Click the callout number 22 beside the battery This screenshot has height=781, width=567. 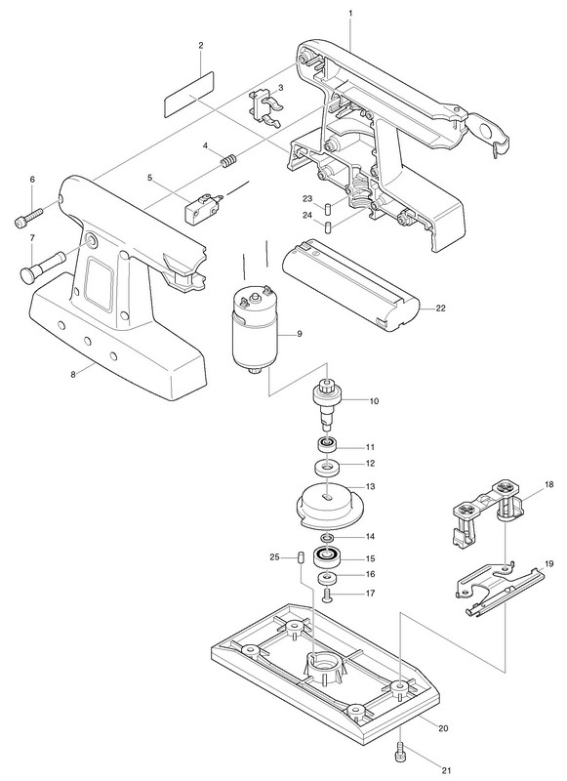click(440, 308)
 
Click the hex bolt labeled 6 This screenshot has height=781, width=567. click(30, 218)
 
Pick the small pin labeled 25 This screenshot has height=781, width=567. click(301, 556)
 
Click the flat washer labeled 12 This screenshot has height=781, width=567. click(327, 469)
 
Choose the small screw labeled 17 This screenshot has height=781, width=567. click(327, 595)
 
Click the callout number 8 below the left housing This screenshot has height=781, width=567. click(73, 375)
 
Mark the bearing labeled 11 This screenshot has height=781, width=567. click(327, 445)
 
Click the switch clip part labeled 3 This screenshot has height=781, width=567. click(267, 105)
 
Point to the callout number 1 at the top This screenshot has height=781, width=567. click(350, 14)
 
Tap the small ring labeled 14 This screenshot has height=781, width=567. click(327, 538)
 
